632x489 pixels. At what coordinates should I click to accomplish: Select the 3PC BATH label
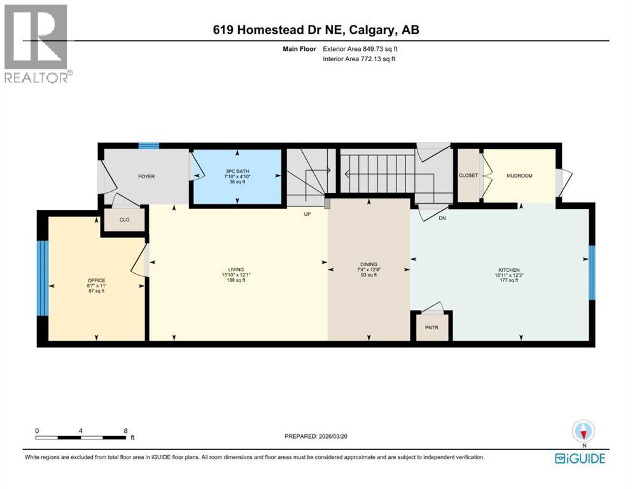[237, 172]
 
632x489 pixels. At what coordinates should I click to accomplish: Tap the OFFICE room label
[97, 281]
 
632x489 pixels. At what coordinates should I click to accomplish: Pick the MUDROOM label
[519, 175]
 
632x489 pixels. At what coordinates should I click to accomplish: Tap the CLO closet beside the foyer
[124, 220]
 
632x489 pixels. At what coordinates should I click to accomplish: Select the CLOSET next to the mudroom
[468, 175]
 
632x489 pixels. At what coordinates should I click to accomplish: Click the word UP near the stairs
[307, 215]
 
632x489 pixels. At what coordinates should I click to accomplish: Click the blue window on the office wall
[42, 278]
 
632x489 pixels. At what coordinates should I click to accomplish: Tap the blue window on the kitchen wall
[591, 272]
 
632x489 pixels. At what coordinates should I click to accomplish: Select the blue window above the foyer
[149, 146]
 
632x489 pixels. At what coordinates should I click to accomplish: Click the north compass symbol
[582, 431]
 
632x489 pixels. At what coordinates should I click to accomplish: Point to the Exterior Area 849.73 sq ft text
[360, 48]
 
